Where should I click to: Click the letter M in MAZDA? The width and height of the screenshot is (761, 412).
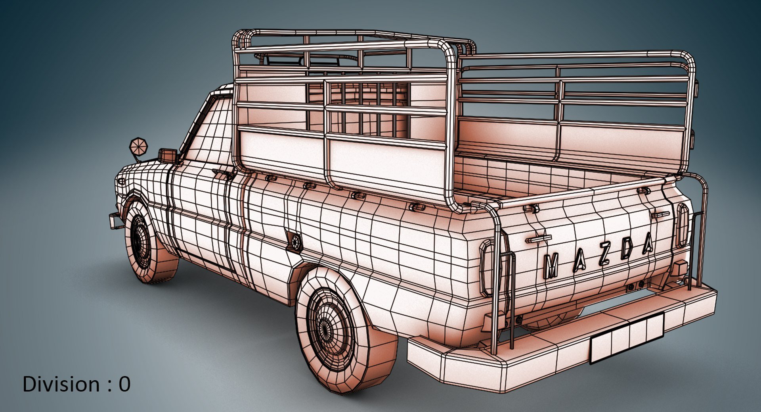[x=551, y=266]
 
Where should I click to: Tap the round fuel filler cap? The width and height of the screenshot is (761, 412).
[x=295, y=242]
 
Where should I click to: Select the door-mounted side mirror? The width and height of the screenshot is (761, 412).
[x=168, y=155]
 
